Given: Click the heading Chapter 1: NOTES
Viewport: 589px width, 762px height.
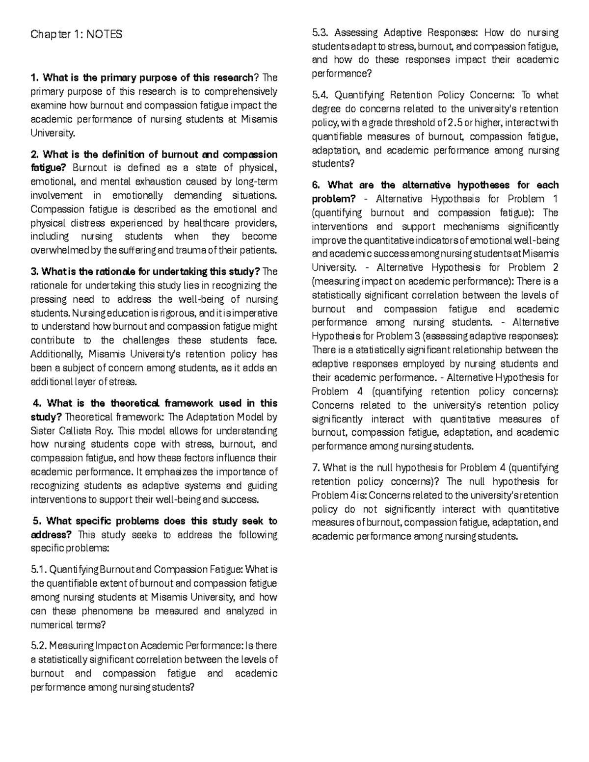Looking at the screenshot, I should tap(76, 34).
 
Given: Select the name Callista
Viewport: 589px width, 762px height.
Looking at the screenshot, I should tap(77, 431).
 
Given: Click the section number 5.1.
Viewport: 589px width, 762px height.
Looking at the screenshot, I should tap(38, 570).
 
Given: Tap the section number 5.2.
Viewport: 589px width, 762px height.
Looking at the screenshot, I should tap(38, 646).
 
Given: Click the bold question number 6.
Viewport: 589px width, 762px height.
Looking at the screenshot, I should tap(316, 185).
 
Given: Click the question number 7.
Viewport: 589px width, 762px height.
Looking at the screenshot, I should tap(315, 468).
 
